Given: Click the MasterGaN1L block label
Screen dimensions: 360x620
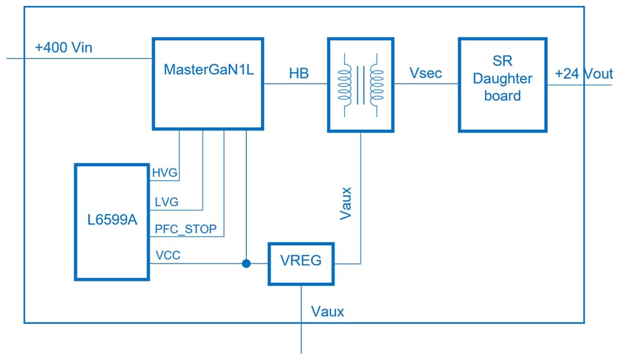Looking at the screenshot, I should [x=208, y=70].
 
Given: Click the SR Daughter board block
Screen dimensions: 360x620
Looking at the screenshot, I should [x=502, y=85].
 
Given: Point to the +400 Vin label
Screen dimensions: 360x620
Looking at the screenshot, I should [x=63, y=48].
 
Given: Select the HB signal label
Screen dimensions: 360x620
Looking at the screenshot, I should [x=299, y=73].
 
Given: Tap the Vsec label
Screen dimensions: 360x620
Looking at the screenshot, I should [x=426, y=73].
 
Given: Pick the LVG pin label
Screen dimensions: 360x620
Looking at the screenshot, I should [x=165, y=201].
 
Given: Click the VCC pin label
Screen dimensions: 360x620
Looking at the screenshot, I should [x=167, y=256].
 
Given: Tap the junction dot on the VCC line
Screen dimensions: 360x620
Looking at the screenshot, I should [x=246, y=264].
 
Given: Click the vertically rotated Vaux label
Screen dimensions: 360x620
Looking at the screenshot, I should [x=347, y=203].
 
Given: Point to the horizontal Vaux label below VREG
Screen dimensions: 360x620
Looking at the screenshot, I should [x=327, y=311].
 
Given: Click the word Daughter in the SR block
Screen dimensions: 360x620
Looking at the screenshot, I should [x=502, y=79].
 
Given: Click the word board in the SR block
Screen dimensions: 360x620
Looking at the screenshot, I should [x=502, y=96].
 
